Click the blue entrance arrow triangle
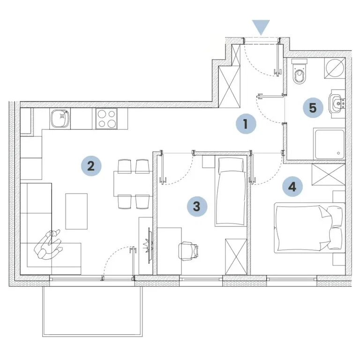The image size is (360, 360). point(261,26)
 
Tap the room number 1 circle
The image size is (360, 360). point(246,124)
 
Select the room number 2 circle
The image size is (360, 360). point(91,166)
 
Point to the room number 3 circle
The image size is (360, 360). point(197,206)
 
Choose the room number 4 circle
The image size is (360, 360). point(292,187)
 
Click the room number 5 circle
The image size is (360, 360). point(313,107)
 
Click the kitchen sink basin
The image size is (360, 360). point(60,119)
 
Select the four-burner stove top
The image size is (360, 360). point(106,119)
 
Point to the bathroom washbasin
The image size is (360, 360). point(337,104)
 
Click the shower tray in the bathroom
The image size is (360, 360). point(330,144)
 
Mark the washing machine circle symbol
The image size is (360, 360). point(335,68)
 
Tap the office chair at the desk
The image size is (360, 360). point(188,251)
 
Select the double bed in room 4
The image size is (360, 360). point(309,228)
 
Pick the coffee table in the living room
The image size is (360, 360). point(76,211)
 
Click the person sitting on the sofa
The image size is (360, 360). point(48,245)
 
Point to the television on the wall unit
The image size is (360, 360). point(149,245)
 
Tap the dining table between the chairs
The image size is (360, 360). point(133,184)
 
